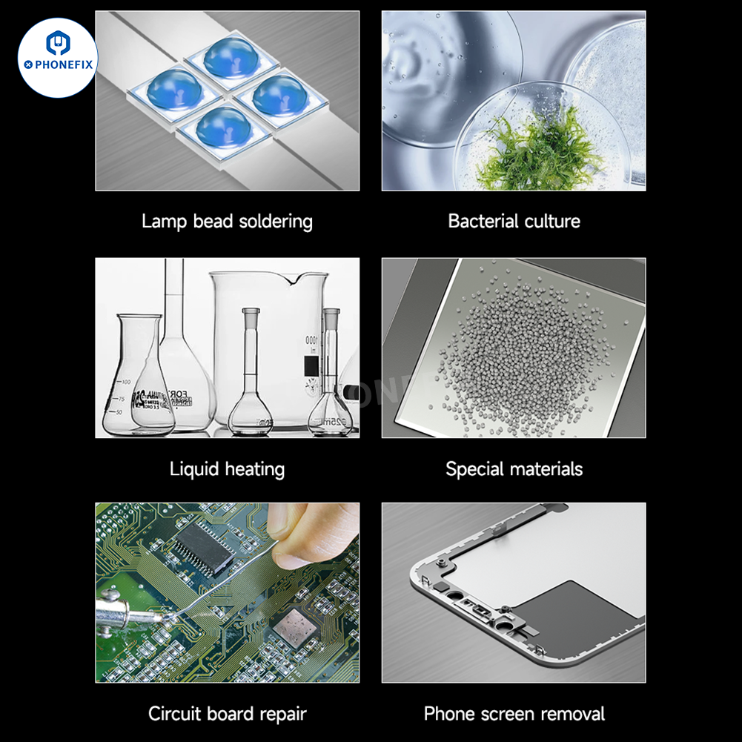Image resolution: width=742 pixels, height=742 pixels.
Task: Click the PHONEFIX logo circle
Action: pos(58,58)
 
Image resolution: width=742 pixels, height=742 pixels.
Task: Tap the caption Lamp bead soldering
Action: pos(227,222)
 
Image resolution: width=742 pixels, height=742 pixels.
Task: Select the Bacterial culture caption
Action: pos(514,221)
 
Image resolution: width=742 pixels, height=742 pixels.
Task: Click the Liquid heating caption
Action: pos(227,469)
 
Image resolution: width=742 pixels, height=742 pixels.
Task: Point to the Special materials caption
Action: pos(514,469)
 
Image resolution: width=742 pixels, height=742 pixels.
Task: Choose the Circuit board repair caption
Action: pos(227,714)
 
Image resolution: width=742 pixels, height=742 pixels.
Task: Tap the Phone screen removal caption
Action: pos(514,714)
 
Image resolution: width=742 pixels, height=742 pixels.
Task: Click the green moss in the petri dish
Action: pos(540,150)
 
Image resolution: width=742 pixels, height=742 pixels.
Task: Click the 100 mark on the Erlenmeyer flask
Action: pos(126,382)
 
